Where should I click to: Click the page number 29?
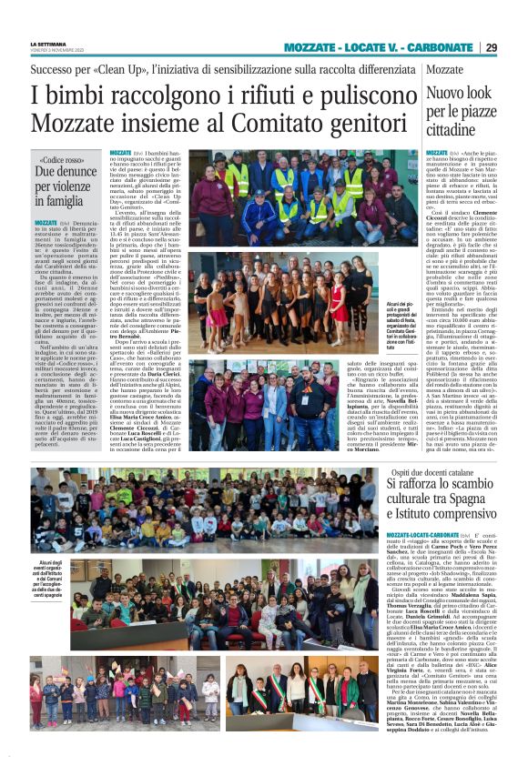tap(515, 47)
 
